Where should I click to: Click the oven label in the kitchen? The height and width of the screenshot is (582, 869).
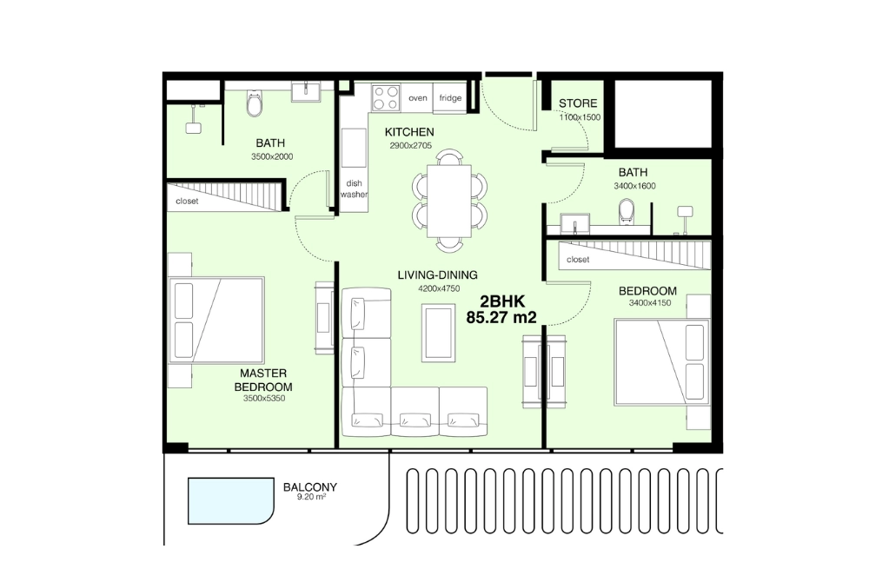pos(418,98)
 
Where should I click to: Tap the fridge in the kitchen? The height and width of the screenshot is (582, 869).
pos(450,98)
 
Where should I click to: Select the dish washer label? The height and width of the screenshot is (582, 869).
pos(354,189)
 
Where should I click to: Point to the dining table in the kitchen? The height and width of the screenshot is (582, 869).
pos(449,201)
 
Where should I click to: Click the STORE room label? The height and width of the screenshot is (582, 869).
pos(578,103)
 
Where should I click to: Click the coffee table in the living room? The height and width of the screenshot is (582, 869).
pos(436,332)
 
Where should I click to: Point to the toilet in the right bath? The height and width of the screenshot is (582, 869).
pos(627,212)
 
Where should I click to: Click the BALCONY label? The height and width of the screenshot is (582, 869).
pos(310,487)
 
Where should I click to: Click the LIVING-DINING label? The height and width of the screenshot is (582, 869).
pos(428,275)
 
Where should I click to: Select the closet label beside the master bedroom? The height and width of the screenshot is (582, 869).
pos(187,201)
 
